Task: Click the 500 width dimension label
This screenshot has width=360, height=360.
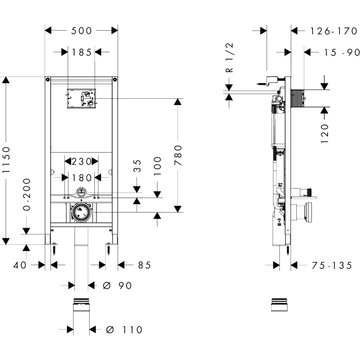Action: (x=81, y=31)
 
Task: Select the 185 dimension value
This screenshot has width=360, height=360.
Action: (x=82, y=53)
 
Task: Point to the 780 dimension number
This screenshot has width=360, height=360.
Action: (x=178, y=155)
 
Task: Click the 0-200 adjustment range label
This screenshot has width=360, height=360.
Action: (x=27, y=195)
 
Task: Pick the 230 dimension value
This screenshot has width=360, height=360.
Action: (x=82, y=162)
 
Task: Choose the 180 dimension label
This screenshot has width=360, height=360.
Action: (x=82, y=178)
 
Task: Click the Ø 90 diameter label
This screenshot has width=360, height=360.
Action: (x=117, y=285)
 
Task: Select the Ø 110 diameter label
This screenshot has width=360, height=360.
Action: (x=124, y=330)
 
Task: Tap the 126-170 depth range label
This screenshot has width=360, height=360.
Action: (x=334, y=31)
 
